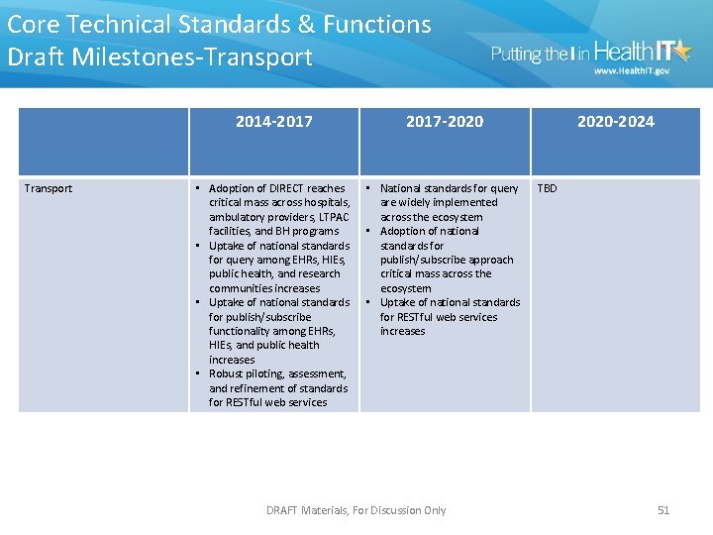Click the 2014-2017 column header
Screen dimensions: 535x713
(x=273, y=122)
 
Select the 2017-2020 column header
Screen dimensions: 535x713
(x=445, y=122)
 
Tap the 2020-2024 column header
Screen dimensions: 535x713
(x=615, y=122)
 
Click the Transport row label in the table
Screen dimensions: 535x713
(x=49, y=188)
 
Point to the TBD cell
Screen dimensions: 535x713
(x=547, y=188)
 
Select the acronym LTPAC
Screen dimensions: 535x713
(x=331, y=217)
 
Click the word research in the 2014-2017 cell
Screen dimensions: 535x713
(x=320, y=273)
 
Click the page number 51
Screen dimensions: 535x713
(x=663, y=510)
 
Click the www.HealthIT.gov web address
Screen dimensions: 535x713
(x=631, y=71)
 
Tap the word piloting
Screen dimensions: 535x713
(x=266, y=374)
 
